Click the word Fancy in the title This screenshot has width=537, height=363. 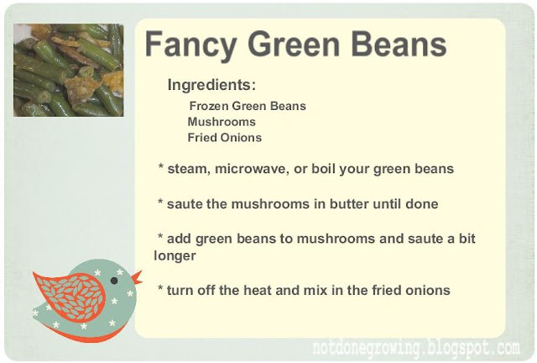190,45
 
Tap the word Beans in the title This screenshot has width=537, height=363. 399,44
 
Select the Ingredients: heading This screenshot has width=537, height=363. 211,85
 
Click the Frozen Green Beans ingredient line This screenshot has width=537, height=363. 248,106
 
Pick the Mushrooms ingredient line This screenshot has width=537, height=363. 222,122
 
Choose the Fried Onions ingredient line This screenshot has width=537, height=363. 225,138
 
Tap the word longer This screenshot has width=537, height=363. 175,256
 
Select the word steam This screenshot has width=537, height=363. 189,169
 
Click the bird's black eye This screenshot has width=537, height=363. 114,281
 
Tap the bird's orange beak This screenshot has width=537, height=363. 138,277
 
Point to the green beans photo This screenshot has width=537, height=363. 69,70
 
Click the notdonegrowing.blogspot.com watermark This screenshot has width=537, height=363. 416,349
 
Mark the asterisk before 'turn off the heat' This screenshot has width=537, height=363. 160,287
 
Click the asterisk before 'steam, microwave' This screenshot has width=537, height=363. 161,166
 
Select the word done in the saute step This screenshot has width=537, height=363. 421,204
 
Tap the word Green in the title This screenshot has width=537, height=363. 294,44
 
